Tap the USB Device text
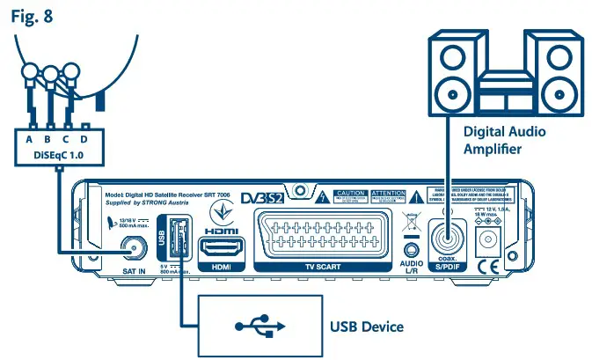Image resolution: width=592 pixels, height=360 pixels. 366,327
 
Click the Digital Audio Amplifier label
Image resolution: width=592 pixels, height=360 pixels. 505,139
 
